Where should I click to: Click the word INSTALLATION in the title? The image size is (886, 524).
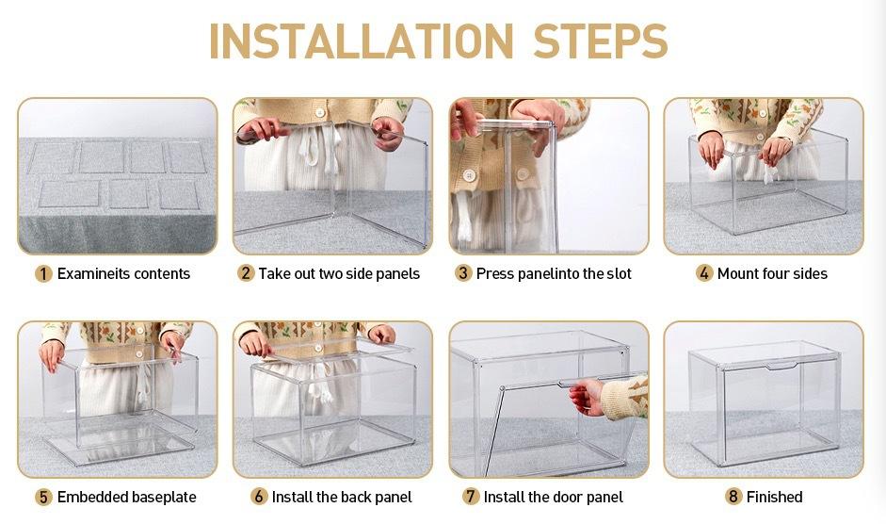click(x=361, y=41)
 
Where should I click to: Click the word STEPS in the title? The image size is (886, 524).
click(x=601, y=41)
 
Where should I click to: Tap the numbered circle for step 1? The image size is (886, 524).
click(x=43, y=274)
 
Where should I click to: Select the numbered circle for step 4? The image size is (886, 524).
click(x=704, y=274)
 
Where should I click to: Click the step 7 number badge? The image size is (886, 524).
click(x=471, y=497)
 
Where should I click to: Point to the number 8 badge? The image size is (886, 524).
click(x=733, y=497)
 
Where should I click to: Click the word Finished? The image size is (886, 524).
click(x=774, y=497)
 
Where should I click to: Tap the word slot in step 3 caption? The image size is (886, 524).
click(x=619, y=274)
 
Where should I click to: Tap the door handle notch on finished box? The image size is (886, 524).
click(x=782, y=366)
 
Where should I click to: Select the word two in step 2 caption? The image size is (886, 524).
click(x=330, y=274)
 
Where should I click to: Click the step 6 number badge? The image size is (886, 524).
click(x=259, y=497)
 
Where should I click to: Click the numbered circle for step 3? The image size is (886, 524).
click(x=463, y=274)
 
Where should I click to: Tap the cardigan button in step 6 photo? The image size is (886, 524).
click(x=318, y=348)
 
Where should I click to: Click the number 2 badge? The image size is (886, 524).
click(x=245, y=274)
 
